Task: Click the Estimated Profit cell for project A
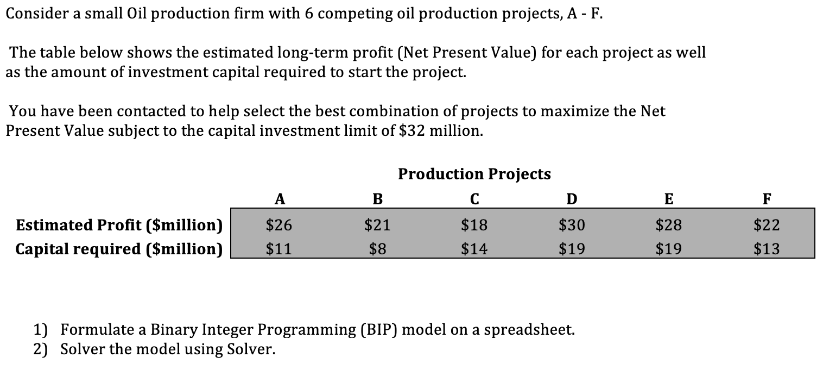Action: coord(280,224)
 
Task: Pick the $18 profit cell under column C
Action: coord(474,224)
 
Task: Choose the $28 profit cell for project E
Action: coord(669,224)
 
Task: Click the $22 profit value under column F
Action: coord(766,224)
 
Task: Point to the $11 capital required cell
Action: coord(280,249)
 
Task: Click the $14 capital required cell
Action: coord(474,249)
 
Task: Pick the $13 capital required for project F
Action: coord(766,249)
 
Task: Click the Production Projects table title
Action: coord(474,174)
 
